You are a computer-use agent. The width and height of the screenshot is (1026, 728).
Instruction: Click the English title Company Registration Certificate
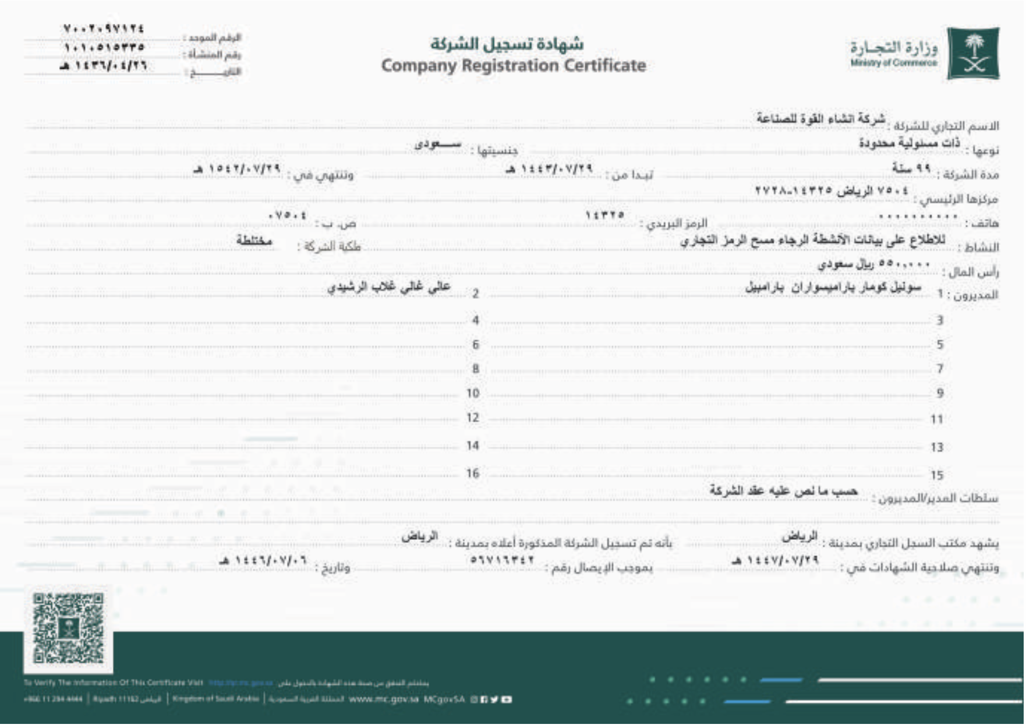click(514, 66)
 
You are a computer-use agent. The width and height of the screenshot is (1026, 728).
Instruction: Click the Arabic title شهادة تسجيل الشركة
click(507, 44)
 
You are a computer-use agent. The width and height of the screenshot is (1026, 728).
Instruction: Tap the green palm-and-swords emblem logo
click(973, 53)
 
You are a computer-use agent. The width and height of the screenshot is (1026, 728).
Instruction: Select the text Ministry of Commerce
click(894, 63)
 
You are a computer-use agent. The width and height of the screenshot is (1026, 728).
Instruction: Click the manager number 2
click(475, 294)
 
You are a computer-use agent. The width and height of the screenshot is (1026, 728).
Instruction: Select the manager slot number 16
click(472, 473)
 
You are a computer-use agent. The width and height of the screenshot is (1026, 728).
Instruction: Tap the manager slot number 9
click(940, 394)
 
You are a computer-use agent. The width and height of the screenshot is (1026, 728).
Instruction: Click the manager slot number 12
click(472, 418)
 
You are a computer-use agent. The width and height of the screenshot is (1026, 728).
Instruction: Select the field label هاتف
click(983, 224)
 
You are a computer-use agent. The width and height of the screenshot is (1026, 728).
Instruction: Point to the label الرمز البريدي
click(675, 224)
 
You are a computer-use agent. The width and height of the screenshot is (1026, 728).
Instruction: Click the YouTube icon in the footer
click(506, 699)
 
